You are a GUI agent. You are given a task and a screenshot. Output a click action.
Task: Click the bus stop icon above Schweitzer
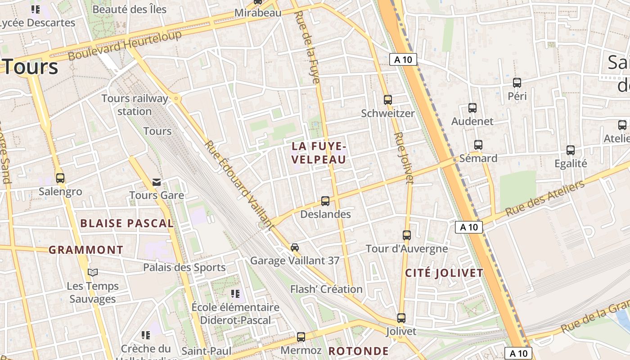387,100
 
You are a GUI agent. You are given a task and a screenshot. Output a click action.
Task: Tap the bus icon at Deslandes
325,201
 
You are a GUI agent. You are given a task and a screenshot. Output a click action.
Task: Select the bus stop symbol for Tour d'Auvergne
407,235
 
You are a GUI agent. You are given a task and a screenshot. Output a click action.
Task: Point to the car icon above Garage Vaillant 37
295,247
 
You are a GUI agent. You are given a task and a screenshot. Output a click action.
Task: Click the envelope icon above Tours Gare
157,182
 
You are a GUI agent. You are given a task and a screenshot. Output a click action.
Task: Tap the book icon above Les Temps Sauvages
93,272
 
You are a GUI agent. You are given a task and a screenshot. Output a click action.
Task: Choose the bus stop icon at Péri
517,83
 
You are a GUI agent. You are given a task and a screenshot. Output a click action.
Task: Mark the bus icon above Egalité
571,150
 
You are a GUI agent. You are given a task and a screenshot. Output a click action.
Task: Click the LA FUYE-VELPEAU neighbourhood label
319,153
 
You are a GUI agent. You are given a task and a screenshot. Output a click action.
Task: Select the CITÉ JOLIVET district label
444,273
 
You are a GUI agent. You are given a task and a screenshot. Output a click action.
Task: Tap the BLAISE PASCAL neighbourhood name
127,223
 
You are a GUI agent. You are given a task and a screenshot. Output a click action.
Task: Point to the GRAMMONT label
86,250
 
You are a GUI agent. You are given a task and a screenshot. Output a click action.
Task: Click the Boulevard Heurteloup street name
125,45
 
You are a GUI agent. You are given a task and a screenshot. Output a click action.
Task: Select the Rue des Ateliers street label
545,198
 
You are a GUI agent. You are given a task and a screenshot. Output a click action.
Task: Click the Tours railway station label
135,105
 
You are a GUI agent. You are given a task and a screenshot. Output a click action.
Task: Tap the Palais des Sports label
184,267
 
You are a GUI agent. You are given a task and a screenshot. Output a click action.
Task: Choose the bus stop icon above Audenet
472,108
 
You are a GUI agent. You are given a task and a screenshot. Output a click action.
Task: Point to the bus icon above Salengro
60,178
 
